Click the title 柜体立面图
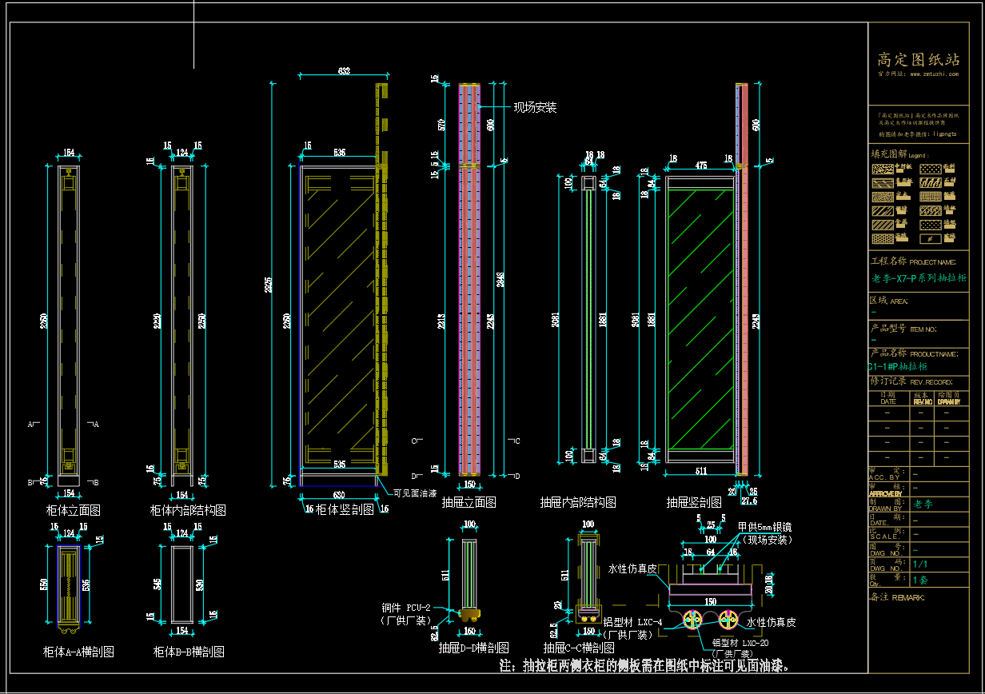point(73,509)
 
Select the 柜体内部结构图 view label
point(188,509)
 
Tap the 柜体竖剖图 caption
point(345,509)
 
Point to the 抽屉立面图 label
point(469,503)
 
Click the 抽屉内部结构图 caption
point(577,503)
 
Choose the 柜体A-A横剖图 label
point(78,652)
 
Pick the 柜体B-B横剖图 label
point(189,652)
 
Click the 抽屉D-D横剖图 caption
point(473,648)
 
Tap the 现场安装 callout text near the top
point(535,107)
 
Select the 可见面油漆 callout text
point(415,493)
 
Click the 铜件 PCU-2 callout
point(407,608)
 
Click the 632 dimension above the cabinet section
point(344,72)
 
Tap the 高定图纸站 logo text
point(918,60)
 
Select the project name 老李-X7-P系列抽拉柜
point(919,278)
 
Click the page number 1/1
point(920,564)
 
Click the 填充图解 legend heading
point(887,154)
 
